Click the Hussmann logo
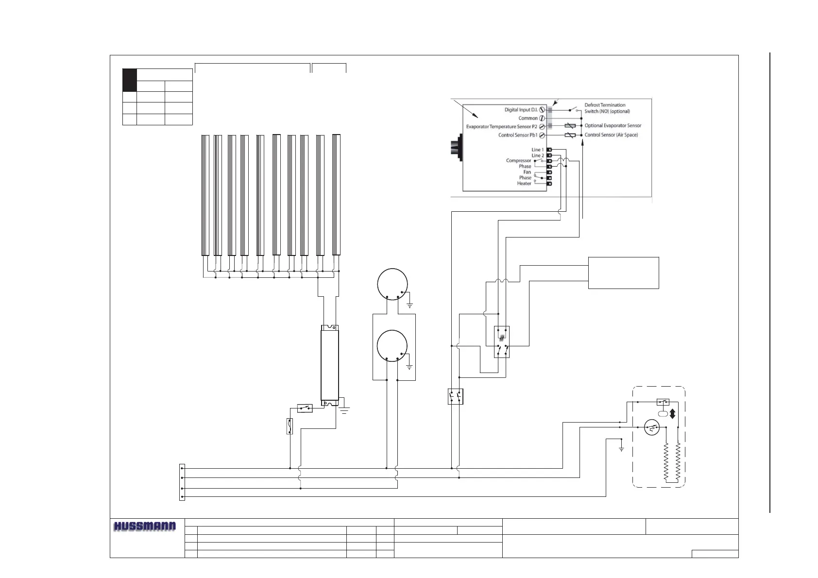[145, 527]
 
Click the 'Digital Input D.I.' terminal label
[521, 110]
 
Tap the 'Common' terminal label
[528, 118]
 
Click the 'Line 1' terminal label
[537, 150]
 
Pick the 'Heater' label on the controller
[524, 184]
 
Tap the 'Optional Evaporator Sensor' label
[613, 125]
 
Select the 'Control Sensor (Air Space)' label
[611, 135]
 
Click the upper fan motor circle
[392, 283]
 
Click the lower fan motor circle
[392, 346]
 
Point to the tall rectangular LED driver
[330, 365]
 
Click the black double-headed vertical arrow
[673, 413]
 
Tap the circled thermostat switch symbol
[651, 427]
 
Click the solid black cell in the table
[129, 80]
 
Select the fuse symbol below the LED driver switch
[290, 426]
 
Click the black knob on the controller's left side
[456, 146]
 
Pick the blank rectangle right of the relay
[623, 273]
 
